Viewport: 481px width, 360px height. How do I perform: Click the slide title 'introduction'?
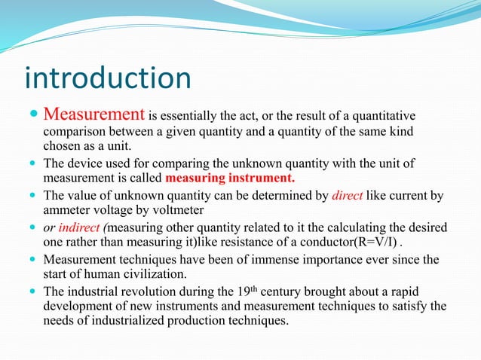point(108,78)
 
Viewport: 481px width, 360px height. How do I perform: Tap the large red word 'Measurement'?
point(93,114)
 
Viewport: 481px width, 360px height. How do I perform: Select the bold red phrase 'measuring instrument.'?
point(230,178)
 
